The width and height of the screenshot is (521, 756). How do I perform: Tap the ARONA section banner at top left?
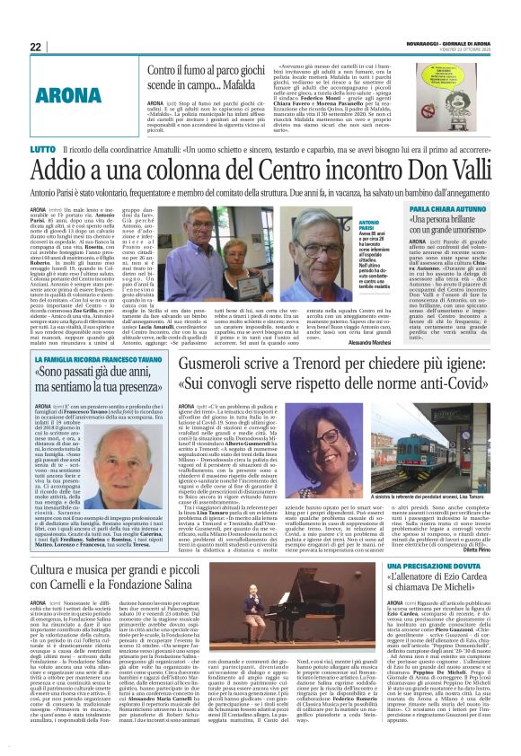pyautogui.click(x=68, y=93)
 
